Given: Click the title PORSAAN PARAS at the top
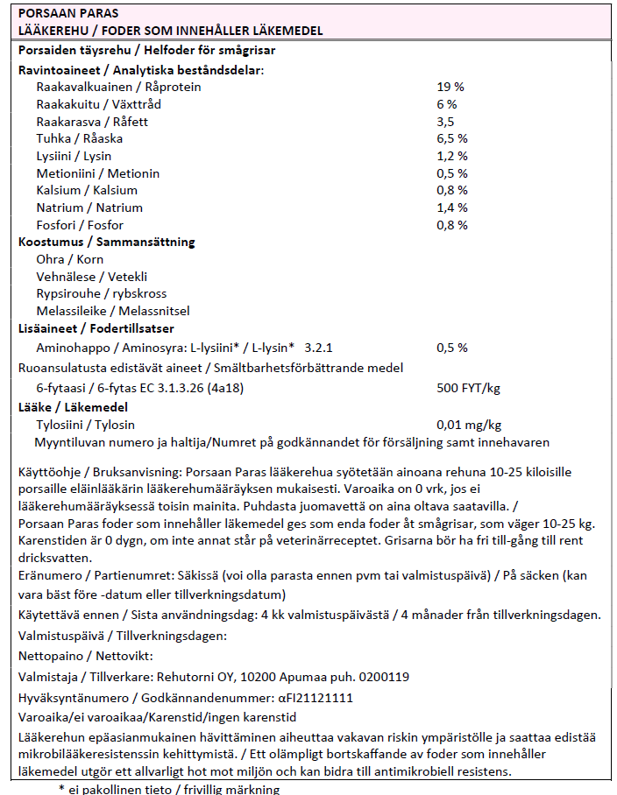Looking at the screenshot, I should [x=68, y=14].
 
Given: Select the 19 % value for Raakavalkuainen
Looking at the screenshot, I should [x=450, y=87].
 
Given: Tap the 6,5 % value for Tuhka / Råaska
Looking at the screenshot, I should [x=451, y=138].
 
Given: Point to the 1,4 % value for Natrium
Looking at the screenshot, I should [x=451, y=208].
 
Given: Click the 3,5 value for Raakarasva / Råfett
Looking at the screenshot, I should [x=445, y=121].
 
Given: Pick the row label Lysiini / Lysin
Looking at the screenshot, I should [x=74, y=156].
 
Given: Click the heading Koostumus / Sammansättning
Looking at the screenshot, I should [x=107, y=242].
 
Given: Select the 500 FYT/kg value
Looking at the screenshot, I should [x=468, y=387].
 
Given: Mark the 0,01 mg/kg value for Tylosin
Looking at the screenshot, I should [x=469, y=425].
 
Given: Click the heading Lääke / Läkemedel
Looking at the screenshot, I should [x=73, y=407].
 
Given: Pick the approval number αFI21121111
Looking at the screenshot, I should [x=316, y=698].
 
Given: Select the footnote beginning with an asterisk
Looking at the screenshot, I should [x=169, y=789].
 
